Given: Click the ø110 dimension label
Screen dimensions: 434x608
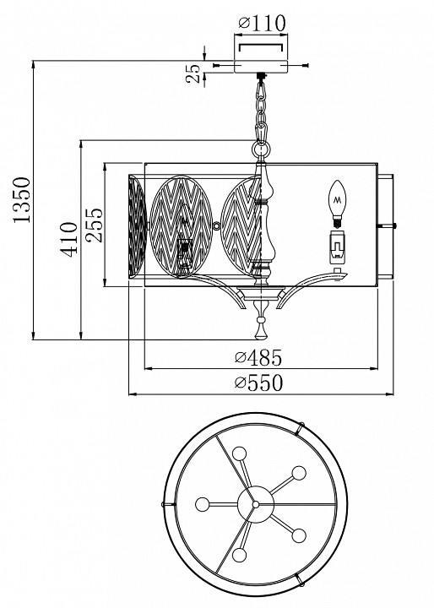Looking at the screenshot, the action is pyautogui.click(x=262, y=24).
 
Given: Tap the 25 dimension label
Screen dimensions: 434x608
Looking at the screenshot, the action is pyautogui.click(x=193, y=73).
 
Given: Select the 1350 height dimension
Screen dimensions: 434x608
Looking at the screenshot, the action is pyautogui.click(x=22, y=199).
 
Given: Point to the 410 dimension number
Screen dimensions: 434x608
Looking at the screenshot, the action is pyautogui.click(x=68, y=239).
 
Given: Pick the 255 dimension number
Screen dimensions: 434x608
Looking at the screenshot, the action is pyautogui.click(x=95, y=225).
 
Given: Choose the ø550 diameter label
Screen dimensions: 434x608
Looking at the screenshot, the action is pyautogui.click(x=258, y=383).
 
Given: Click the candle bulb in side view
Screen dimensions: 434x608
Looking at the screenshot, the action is pyautogui.click(x=337, y=204).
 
